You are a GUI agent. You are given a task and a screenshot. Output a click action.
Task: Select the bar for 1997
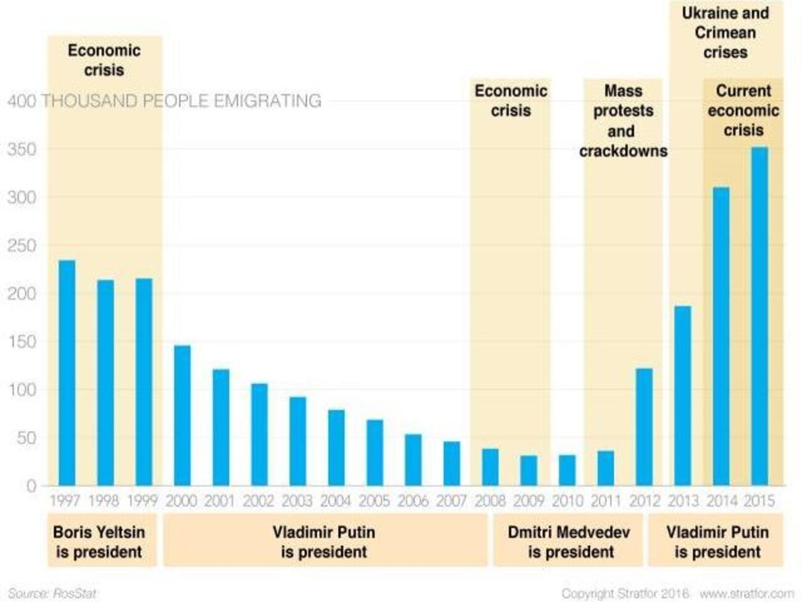(67, 373)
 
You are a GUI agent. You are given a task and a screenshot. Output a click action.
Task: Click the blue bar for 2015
(759, 316)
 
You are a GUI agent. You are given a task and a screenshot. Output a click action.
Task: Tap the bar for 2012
(643, 427)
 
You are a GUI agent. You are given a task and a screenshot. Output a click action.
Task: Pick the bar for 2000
(182, 416)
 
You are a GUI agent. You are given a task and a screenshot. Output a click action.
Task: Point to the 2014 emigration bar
(721, 337)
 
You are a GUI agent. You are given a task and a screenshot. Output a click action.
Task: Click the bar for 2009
(529, 470)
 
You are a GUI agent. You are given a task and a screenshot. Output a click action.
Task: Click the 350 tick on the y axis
(22, 150)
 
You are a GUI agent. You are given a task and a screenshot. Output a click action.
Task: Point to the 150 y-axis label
(22, 342)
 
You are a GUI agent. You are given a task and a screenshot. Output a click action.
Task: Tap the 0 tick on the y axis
(31, 487)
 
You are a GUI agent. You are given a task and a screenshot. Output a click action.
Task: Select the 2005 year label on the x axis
(374, 501)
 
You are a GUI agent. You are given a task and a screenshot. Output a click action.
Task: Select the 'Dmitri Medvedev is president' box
(568, 541)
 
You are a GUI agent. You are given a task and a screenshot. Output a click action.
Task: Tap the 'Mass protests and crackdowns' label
(622, 121)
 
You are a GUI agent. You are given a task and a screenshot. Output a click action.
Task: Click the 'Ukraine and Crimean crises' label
(726, 33)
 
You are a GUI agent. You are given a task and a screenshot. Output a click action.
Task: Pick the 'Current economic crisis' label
(743, 111)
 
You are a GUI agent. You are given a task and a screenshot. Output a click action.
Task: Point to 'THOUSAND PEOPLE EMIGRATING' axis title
(181, 101)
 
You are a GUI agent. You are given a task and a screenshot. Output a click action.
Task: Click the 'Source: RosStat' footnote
(52, 593)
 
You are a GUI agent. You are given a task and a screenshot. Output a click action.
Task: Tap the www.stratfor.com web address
(746, 593)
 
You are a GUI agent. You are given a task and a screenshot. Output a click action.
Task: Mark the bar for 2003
(297, 441)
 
